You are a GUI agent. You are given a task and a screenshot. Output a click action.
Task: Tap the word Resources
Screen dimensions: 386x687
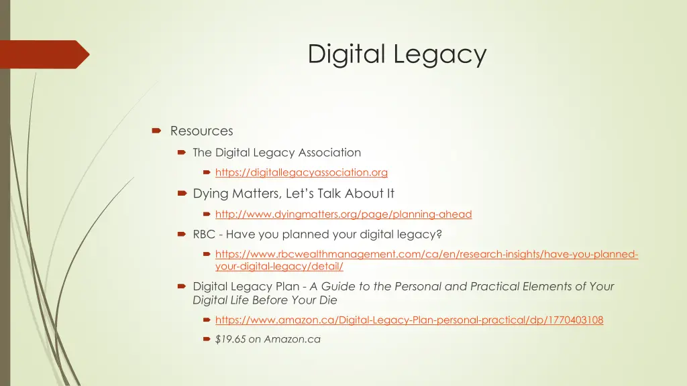coord(201,131)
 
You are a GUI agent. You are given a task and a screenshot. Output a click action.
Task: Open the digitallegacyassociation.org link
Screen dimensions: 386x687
coord(301,172)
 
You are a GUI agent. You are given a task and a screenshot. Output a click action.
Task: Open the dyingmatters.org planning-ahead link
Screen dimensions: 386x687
coord(343,214)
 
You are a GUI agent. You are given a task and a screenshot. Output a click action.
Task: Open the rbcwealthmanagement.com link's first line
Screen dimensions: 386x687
coord(427,254)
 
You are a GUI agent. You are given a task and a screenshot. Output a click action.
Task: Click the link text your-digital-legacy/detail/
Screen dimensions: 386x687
coord(279,266)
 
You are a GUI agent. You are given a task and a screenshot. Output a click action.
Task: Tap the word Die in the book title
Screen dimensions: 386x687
coord(328,300)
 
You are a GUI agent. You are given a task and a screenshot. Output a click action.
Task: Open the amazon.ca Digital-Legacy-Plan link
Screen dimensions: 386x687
coord(409,320)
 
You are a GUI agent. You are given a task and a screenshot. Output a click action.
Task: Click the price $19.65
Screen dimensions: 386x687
coord(230,339)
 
